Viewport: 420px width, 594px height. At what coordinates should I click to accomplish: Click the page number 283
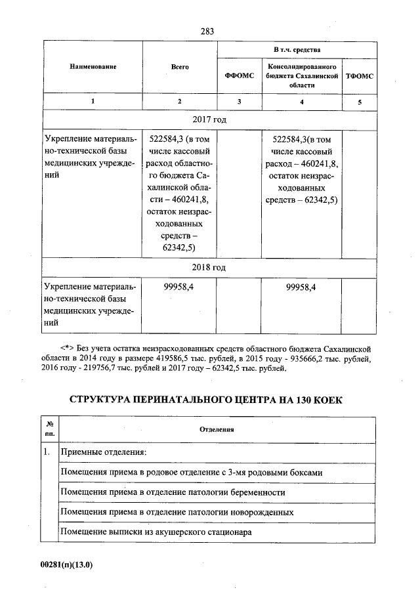coord(208,31)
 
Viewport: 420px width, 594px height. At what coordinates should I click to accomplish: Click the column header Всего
coord(180,67)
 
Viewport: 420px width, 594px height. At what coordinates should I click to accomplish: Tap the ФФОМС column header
coord(239,76)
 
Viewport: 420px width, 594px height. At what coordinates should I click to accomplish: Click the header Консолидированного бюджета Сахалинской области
coord(302,76)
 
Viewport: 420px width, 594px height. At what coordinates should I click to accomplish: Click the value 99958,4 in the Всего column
coord(180,287)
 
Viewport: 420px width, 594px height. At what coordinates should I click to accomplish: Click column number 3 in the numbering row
coord(239,101)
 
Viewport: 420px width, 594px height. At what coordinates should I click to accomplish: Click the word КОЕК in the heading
coord(325,400)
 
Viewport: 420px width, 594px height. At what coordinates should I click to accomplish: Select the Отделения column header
coord(217,429)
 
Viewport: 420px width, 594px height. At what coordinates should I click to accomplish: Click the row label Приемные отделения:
coord(103,453)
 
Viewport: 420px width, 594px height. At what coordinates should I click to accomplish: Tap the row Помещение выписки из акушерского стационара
coord(156,532)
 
